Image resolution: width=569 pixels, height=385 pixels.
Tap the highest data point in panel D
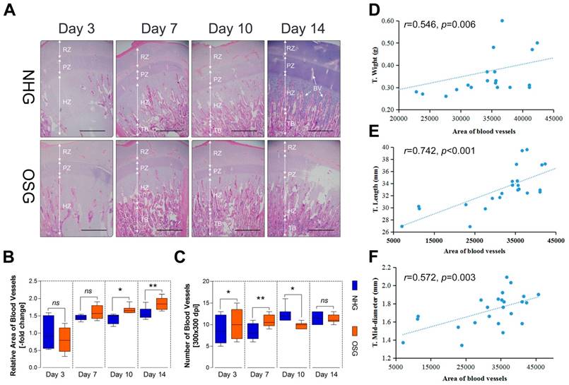point(502,21)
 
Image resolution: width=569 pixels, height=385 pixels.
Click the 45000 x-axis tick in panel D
point(552,119)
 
